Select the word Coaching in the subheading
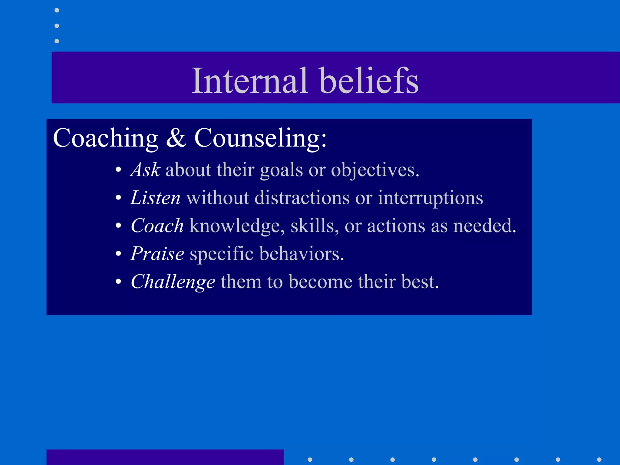click(106, 138)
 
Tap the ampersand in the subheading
click(176, 138)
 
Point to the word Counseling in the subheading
click(260, 138)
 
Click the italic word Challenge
click(173, 282)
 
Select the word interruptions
click(430, 198)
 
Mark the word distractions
click(302, 198)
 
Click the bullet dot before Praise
click(119, 254)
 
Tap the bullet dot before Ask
click(119, 170)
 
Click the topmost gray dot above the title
click(57, 10)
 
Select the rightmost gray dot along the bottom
click(599, 460)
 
